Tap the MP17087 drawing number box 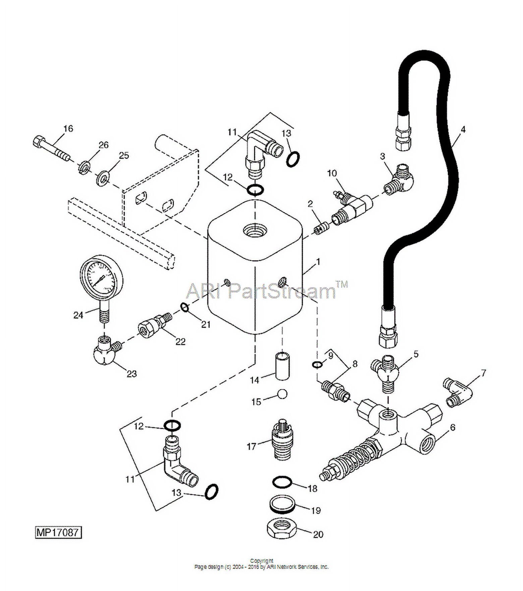pyautogui.click(x=58, y=532)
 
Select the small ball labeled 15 pyautogui.click(x=283, y=394)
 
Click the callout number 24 pyautogui.click(x=78, y=315)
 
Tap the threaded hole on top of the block pyautogui.click(x=255, y=231)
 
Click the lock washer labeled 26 pyautogui.click(x=85, y=167)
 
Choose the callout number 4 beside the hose pyautogui.click(x=463, y=129)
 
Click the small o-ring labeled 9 pyautogui.click(x=317, y=365)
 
